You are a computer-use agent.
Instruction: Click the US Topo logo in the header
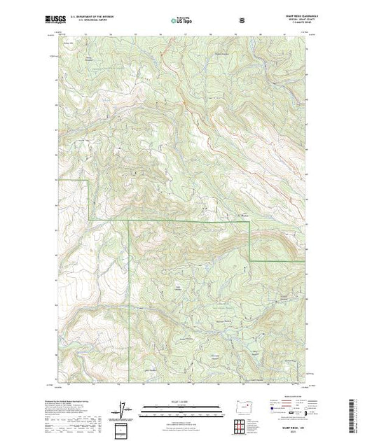[x=181, y=19]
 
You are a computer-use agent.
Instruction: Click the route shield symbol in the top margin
[x=242, y=19]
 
